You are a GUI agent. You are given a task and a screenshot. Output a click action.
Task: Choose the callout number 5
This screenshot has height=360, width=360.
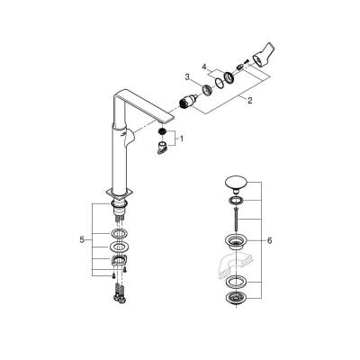(83, 240)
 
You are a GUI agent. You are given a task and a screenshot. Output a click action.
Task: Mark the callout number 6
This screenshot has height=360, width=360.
(269, 240)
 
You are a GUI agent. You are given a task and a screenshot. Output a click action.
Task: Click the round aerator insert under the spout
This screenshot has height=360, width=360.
(162, 133)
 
